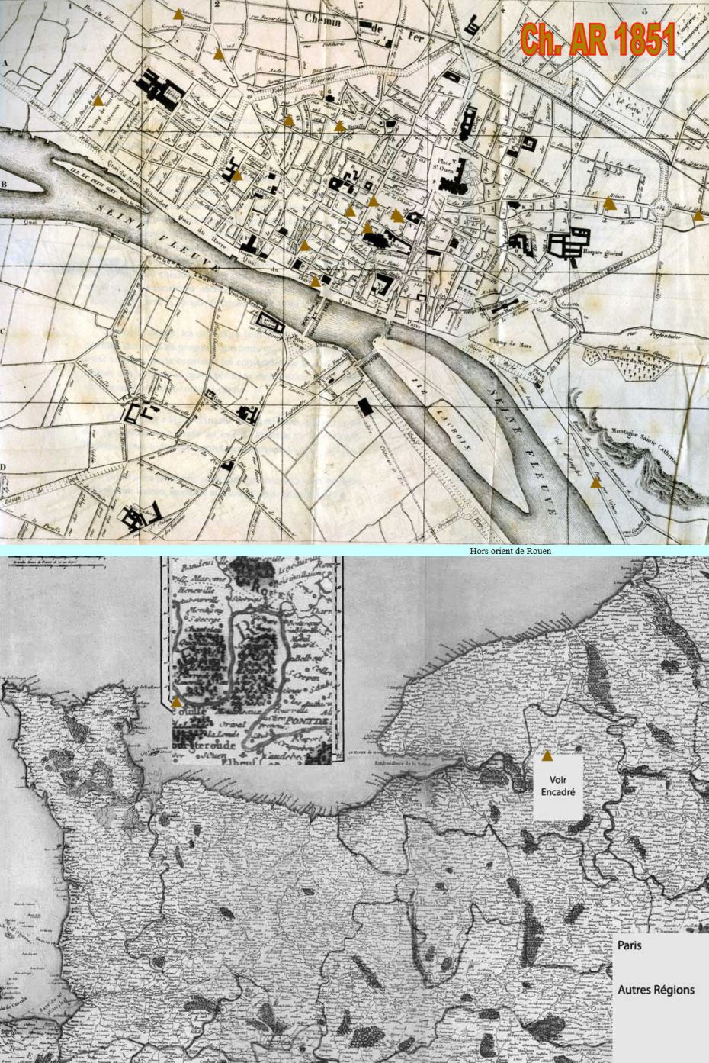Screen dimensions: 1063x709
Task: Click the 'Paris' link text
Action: pyautogui.click(x=630, y=945)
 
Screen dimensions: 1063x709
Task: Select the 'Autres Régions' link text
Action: pyautogui.click(x=656, y=990)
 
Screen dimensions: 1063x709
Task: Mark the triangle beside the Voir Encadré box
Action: pyautogui.click(x=546, y=755)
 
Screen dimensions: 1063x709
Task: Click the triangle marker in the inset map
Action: pyautogui.click(x=177, y=700)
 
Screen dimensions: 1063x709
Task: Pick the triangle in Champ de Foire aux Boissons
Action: pyautogui.click(x=98, y=100)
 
